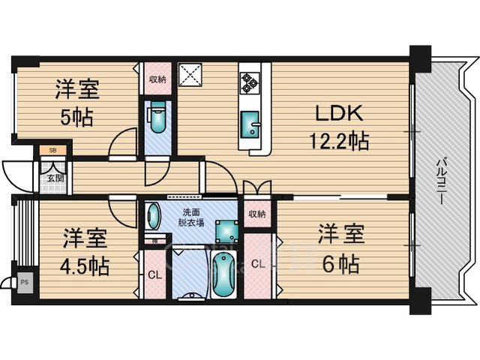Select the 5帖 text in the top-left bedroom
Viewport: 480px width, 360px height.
(x=73, y=118)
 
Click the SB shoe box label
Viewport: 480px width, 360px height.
(x=52, y=151)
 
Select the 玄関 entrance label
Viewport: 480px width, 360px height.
(x=55, y=178)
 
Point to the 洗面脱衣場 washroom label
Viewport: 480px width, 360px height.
(x=190, y=217)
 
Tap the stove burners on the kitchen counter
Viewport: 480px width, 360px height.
(x=249, y=82)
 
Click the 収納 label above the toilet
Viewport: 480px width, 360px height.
(x=157, y=79)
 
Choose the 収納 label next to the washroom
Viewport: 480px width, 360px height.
(x=256, y=214)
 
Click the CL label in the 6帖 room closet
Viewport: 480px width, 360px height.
(x=257, y=263)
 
